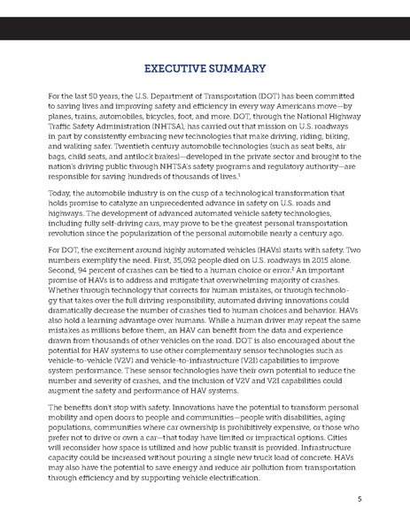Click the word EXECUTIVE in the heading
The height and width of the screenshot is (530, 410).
[174, 66]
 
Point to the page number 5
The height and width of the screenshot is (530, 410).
[359, 498]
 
